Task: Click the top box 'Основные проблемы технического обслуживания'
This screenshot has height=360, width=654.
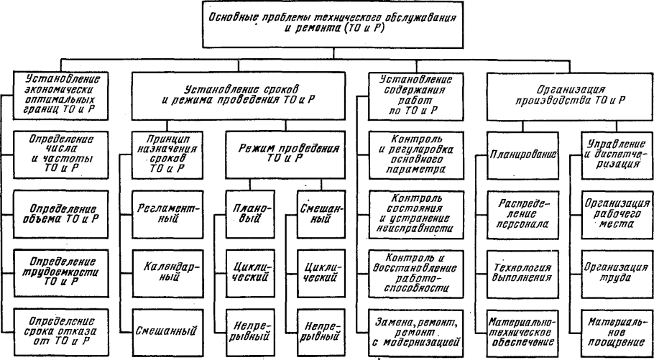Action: coord(333,24)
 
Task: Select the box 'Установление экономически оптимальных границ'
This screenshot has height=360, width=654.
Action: coord(61,96)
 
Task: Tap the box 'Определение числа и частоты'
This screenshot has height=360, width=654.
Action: coord(61,154)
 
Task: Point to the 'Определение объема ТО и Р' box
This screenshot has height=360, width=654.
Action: coord(61,214)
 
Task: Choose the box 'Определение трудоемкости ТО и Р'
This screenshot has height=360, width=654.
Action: coord(61,273)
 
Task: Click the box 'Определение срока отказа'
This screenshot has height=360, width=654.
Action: coord(61,333)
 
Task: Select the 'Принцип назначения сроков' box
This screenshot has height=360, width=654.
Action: coord(167,154)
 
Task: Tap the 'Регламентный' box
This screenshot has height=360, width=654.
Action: coord(167,214)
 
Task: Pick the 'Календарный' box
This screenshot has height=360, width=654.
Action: coord(167,273)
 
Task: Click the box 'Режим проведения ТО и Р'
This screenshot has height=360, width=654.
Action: coord(286,154)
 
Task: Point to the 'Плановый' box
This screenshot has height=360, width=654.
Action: coord(250,214)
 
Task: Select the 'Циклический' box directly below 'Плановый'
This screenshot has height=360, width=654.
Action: coord(250,273)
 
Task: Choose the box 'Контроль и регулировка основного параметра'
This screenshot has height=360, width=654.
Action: coord(416,154)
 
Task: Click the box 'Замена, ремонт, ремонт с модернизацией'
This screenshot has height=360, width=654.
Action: coord(416,333)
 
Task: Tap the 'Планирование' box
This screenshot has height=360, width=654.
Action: coord(522,154)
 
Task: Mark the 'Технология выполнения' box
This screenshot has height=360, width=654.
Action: coord(522,273)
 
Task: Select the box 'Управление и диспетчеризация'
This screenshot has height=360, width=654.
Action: coord(617,154)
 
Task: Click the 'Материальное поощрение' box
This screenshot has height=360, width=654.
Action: coord(617,333)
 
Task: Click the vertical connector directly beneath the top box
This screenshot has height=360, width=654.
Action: coord(333,54)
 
